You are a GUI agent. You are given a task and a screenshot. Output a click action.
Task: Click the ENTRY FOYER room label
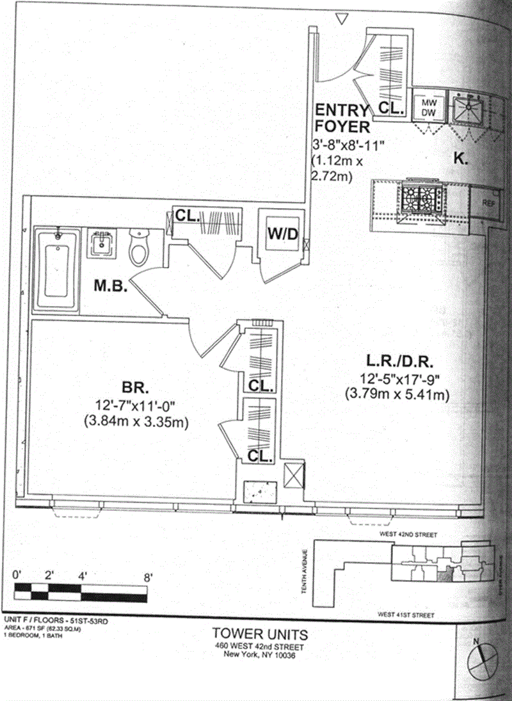(341, 118)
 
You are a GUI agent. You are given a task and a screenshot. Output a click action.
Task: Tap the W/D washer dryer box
(282, 235)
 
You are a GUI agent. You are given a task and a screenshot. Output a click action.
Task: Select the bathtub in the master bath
(56, 269)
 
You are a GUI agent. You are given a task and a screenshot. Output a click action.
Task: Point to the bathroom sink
(102, 244)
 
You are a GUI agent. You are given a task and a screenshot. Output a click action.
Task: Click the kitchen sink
(470, 108)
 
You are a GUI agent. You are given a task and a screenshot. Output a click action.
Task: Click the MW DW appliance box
(428, 107)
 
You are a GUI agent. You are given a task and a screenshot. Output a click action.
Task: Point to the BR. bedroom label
(135, 388)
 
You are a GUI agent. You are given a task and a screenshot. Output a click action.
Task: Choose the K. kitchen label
(461, 159)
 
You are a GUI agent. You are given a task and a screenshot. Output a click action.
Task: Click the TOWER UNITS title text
(259, 634)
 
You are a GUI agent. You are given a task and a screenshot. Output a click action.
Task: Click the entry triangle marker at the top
(342, 20)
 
